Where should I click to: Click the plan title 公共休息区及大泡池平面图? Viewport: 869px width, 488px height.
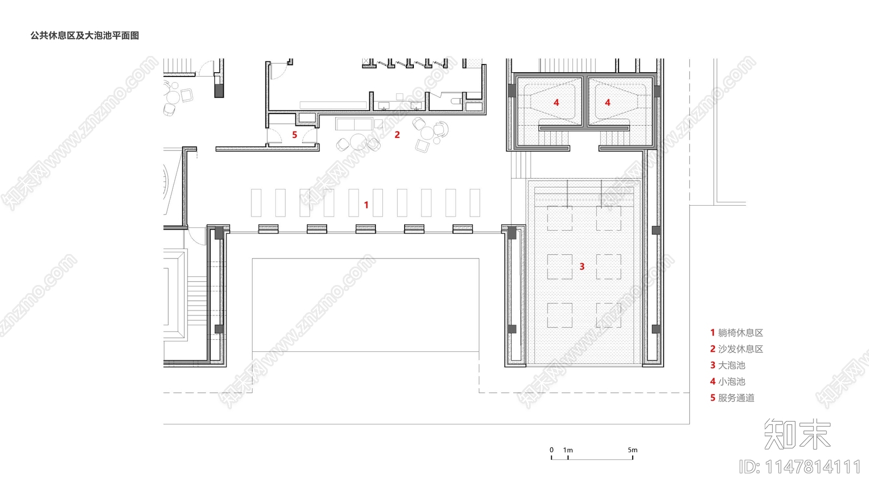(85, 36)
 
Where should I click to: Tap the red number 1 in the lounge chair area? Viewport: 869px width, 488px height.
(366, 205)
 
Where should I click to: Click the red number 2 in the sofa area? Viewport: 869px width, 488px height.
(397, 135)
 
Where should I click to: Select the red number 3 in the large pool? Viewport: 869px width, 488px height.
(582, 267)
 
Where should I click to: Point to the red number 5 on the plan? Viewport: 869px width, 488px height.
(294, 135)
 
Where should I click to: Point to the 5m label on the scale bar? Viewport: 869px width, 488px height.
(633, 450)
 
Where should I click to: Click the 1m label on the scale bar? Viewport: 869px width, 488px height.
(568, 450)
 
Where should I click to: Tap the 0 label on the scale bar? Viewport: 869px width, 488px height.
(551, 450)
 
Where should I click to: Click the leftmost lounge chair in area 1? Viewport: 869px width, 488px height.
(256, 202)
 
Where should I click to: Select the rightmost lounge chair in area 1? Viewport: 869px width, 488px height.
(475, 202)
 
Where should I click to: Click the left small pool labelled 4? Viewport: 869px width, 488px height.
(549, 102)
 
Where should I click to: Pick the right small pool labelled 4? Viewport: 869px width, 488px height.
(620, 102)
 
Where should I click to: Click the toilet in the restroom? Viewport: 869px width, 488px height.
(457, 102)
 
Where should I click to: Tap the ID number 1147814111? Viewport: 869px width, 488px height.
(800, 467)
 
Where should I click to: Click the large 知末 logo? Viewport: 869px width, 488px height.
(797, 434)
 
